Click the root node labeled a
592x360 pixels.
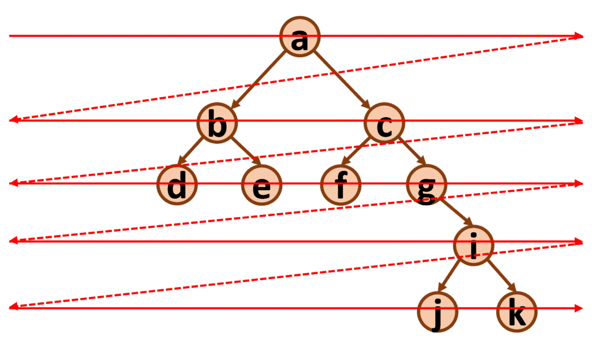(301, 36)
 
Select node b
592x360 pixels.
(217, 123)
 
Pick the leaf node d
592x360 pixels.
(177, 185)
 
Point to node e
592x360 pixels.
(261, 185)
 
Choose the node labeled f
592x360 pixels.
(341, 185)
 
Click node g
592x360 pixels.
(426, 185)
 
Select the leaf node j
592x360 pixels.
(438, 312)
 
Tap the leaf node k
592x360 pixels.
(517, 311)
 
